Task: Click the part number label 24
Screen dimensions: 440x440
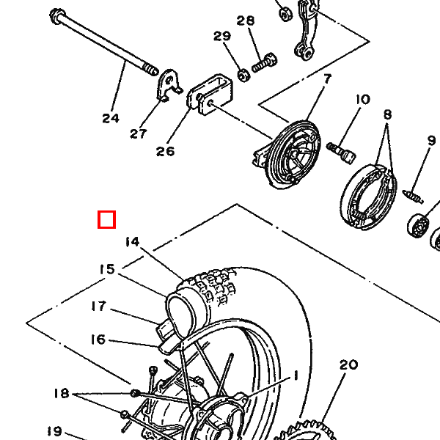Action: [111, 118]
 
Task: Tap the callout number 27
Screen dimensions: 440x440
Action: [139, 134]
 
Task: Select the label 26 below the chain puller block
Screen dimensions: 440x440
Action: [165, 151]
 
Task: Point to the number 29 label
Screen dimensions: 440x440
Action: [222, 36]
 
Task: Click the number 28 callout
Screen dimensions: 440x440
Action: [246, 21]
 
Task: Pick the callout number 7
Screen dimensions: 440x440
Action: [328, 79]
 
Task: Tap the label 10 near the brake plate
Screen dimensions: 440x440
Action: [363, 99]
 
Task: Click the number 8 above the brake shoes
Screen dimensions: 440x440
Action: [387, 114]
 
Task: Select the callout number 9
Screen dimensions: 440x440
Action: [432, 141]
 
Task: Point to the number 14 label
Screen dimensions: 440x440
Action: [132, 242]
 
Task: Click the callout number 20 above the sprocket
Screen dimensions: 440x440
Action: [348, 364]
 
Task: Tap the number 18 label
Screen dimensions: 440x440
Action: [62, 393]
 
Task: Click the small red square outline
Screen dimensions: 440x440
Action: [106, 219]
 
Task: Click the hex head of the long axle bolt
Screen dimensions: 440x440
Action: [57, 16]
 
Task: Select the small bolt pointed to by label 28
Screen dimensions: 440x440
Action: [264, 63]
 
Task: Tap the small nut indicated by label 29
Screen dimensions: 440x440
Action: [243, 75]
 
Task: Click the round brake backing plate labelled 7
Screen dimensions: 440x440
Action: [292, 155]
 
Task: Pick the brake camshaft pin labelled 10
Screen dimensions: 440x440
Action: [341, 152]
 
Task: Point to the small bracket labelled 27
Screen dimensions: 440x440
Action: [169, 85]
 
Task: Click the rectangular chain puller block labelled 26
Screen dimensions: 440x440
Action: [210, 95]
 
